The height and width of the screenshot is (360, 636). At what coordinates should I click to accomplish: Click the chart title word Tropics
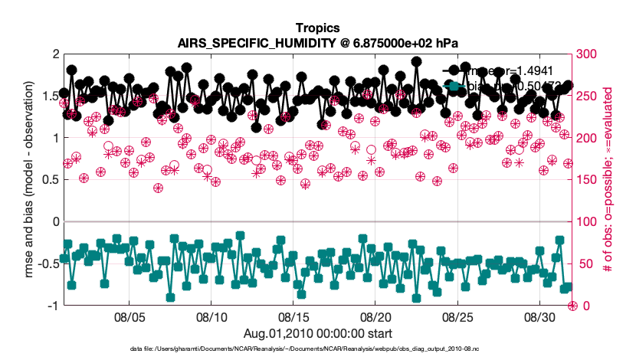coord(317,29)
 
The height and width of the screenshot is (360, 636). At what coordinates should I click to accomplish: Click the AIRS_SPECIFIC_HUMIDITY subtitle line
coord(317,43)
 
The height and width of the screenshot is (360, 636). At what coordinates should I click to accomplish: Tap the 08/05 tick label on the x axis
coord(130,316)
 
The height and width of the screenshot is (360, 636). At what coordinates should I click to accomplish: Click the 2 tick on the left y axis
coord(53,54)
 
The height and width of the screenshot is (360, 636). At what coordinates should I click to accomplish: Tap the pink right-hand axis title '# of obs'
coord(613,180)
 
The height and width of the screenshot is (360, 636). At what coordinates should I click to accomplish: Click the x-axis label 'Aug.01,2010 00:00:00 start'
coord(317,333)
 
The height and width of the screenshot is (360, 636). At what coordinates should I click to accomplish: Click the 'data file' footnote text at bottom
coord(317,349)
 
